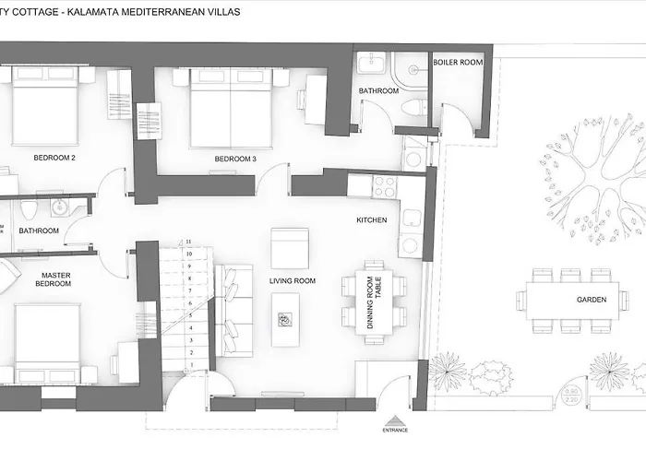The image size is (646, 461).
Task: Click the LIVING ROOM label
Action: (293, 281)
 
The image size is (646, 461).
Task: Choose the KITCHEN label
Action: (371, 220)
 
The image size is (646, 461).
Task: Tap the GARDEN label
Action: (591, 301)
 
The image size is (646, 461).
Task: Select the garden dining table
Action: (572, 301)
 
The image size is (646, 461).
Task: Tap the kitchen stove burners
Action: (384, 187)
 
